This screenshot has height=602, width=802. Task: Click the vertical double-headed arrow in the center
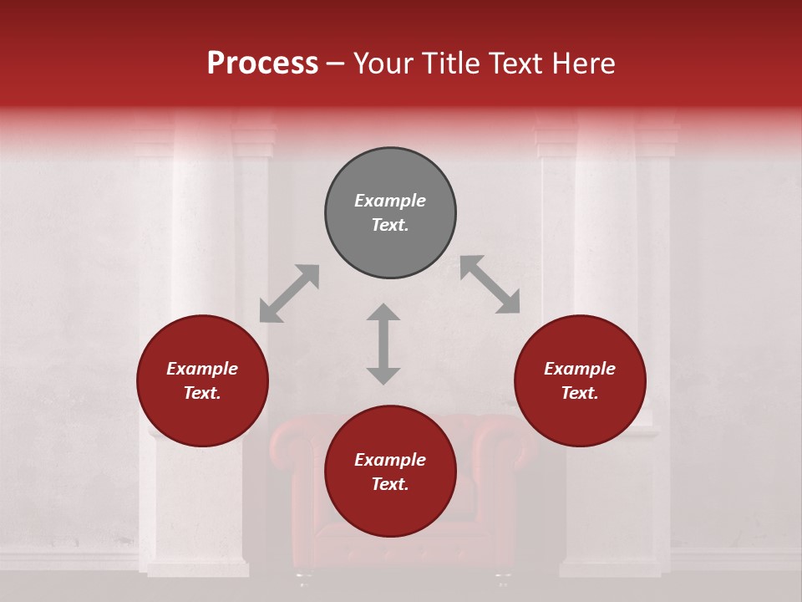click(x=383, y=344)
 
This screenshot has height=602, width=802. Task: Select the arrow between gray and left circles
click(x=289, y=293)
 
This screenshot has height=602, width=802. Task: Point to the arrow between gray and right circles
click(x=490, y=285)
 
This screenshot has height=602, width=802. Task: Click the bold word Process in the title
click(x=262, y=64)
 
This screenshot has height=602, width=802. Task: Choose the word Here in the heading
click(x=585, y=64)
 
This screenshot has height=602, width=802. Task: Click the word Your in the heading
click(x=384, y=64)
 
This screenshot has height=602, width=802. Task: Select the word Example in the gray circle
click(x=390, y=201)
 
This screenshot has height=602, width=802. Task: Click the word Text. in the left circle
click(x=202, y=393)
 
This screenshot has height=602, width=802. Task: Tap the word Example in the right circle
click(x=580, y=369)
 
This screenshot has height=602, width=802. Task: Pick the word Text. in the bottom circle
click(x=390, y=484)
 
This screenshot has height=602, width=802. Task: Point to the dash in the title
click(x=336, y=64)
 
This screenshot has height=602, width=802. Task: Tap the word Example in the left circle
click(x=202, y=369)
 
